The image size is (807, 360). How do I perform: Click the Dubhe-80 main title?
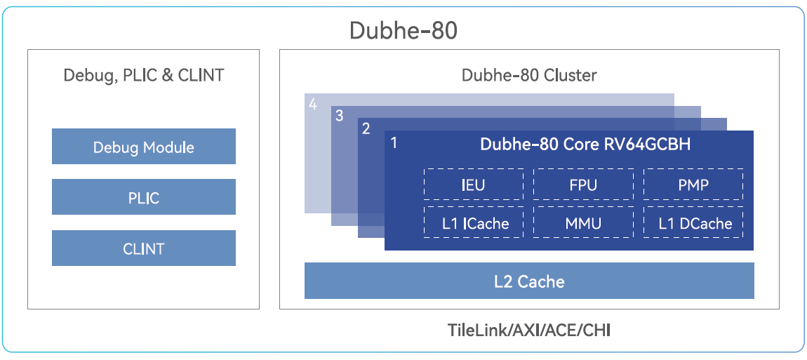pyautogui.click(x=403, y=31)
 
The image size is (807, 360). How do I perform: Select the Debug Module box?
pyautogui.click(x=144, y=147)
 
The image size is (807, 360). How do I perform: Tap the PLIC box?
pyautogui.click(x=144, y=197)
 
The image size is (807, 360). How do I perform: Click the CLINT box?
pyautogui.click(x=144, y=248)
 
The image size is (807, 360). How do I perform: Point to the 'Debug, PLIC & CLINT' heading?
pyautogui.click(x=144, y=75)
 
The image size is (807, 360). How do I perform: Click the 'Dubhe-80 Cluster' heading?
pyautogui.click(x=529, y=75)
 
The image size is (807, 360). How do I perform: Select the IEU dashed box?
pyautogui.click(x=474, y=185)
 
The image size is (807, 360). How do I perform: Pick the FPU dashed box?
pyautogui.click(x=584, y=185)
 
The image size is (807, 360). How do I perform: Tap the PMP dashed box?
pyautogui.click(x=693, y=185)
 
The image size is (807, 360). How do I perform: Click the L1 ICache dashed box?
pyautogui.click(x=474, y=223)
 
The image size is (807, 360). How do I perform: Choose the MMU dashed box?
pyautogui.click(x=584, y=223)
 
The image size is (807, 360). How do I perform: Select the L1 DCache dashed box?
pyautogui.click(x=693, y=223)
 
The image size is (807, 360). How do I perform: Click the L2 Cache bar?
pyautogui.click(x=529, y=281)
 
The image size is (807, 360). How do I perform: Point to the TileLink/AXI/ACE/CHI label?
pyautogui.click(x=529, y=329)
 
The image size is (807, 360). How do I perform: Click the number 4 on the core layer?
pyautogui.click(x=313, y=105)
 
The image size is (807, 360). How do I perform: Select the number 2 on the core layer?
pyautogui.click(x=366, y=129)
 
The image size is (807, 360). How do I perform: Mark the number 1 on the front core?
pyautogui.click(x=394, y=143)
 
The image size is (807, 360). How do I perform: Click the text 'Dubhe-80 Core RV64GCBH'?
pyautogui.click(x=585, y=145)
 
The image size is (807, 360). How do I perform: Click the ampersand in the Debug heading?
pyautogui.click(x=167, y=75)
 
